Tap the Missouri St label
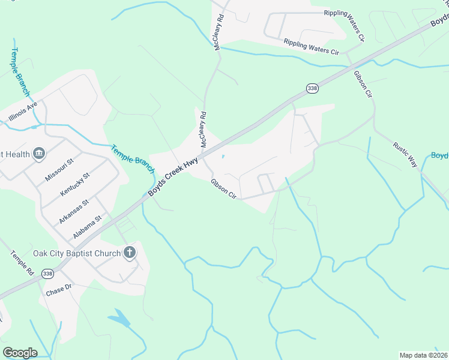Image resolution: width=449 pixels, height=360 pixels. click(59, 170)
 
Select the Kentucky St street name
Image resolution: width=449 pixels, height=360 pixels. click(75, 184)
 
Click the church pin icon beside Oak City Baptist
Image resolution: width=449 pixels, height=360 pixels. click(129, 253)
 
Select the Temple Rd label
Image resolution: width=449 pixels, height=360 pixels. click(22, 263)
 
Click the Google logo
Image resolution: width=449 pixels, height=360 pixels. click(20, 352)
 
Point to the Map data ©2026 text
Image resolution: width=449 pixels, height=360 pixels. click(423, 355)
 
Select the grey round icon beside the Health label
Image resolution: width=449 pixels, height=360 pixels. click(40, 154)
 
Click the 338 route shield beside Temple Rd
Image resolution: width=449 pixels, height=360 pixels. click(47, 274)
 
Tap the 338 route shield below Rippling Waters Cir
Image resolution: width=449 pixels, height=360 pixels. click(312, 88)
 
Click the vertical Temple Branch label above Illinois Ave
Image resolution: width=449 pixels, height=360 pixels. click(19, 71)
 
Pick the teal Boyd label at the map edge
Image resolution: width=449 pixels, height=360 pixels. click(440, 156)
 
